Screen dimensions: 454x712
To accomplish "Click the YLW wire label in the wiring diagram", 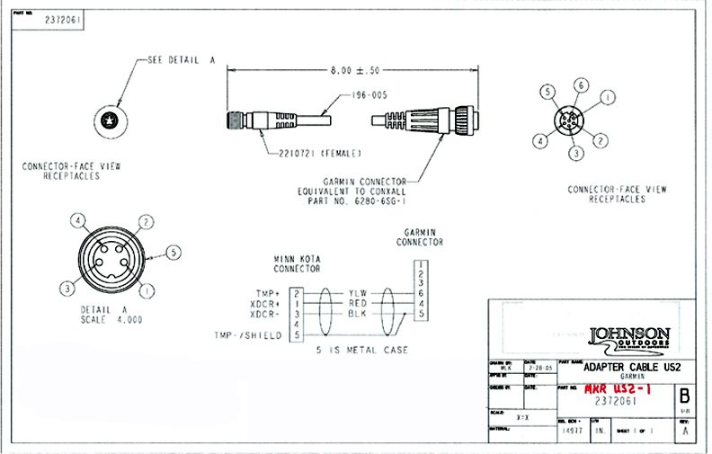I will coord(357,293).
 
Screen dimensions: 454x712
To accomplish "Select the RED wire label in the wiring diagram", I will coord(357,304).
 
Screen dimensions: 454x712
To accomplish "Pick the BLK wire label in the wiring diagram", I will coord(357,314).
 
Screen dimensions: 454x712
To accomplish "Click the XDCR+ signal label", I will coord(268,304).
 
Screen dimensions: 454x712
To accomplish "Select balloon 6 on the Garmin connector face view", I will coord(582,85).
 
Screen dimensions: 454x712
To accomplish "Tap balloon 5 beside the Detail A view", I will coord(174,253).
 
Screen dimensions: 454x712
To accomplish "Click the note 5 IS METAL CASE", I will coord(363,351).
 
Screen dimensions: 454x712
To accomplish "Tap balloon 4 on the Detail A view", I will coord(79,221).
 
